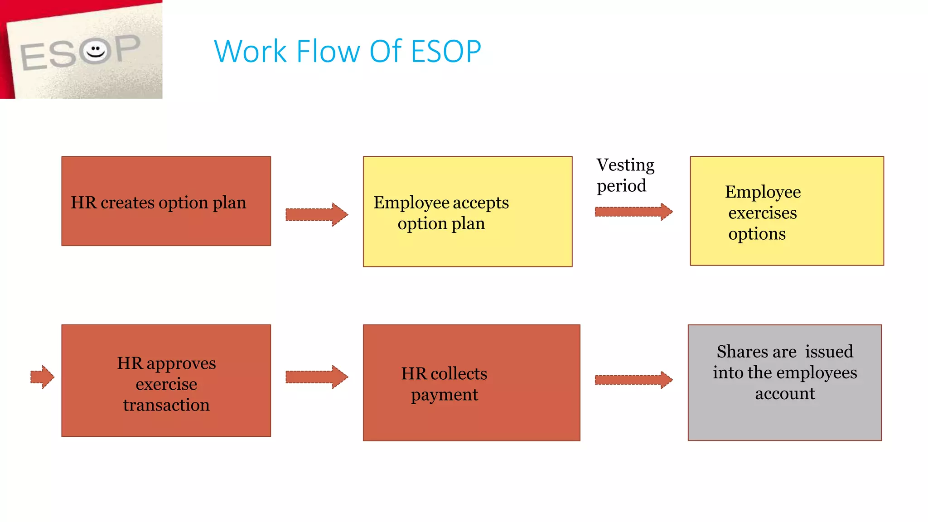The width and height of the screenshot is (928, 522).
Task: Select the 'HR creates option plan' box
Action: [166, 201]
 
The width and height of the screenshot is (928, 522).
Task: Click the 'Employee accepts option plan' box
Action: [467, 212]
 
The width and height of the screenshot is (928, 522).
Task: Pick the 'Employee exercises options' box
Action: [786, 211]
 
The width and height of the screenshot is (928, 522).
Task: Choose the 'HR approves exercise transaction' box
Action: [166, 381]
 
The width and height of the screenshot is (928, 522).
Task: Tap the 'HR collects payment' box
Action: [471, 382]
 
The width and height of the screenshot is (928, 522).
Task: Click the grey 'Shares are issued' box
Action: [784, 382]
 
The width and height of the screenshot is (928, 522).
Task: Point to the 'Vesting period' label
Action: [624, 175]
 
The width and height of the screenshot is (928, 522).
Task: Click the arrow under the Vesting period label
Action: [633, 212]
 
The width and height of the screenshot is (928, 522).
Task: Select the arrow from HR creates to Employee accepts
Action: [316, 214]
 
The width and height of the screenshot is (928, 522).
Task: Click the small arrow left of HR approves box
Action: [42, 377]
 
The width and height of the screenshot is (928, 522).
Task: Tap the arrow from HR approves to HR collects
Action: [316, 377]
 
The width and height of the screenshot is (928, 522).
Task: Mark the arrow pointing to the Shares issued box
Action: [633, 380]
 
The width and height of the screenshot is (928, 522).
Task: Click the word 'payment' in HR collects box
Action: [444, 395]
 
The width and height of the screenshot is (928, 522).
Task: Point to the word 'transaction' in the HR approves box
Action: [166, 405]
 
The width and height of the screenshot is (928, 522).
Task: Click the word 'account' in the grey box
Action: [785, 393]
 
